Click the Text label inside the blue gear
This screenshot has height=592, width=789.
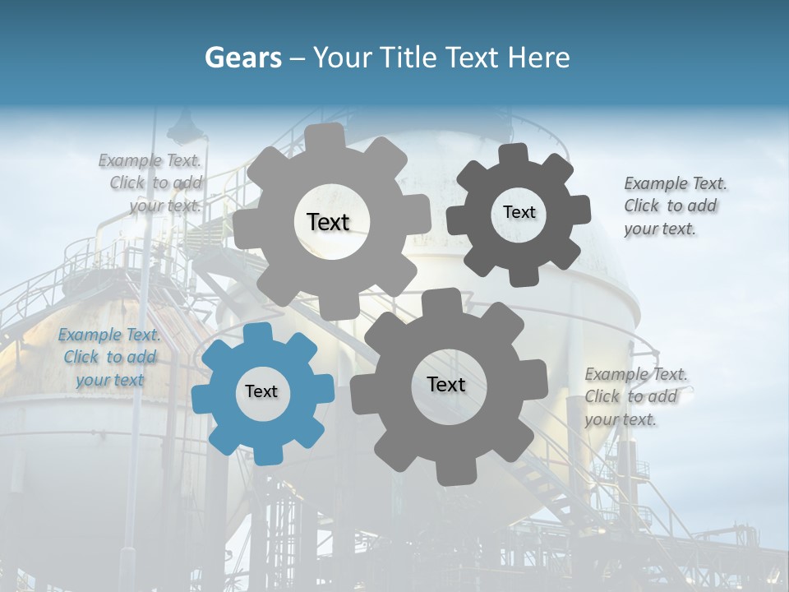[261, 392]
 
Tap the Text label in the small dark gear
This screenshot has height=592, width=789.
[519, 212]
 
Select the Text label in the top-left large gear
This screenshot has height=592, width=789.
[328, 222]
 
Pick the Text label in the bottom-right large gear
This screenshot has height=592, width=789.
[446, 385]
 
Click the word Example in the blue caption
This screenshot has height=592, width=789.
[90, 335]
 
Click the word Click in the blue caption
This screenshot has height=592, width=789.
[81, 357]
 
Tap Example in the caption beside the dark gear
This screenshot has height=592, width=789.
[655, 183]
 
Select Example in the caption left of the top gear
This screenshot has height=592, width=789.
[130, 160]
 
